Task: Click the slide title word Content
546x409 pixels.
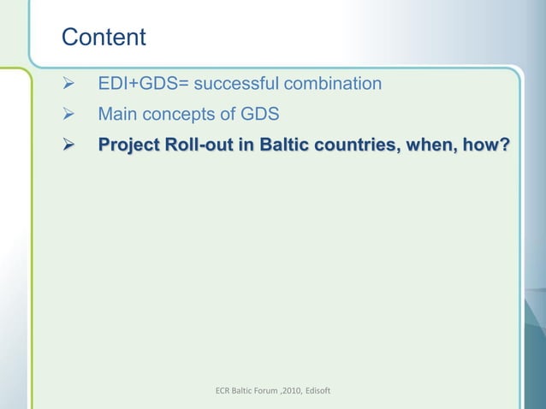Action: point(104,38)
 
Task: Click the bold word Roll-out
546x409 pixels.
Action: point(202,145)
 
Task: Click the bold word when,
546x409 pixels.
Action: point(434,145)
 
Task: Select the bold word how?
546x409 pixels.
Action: point(488,145)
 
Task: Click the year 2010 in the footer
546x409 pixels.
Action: point(306,391)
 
